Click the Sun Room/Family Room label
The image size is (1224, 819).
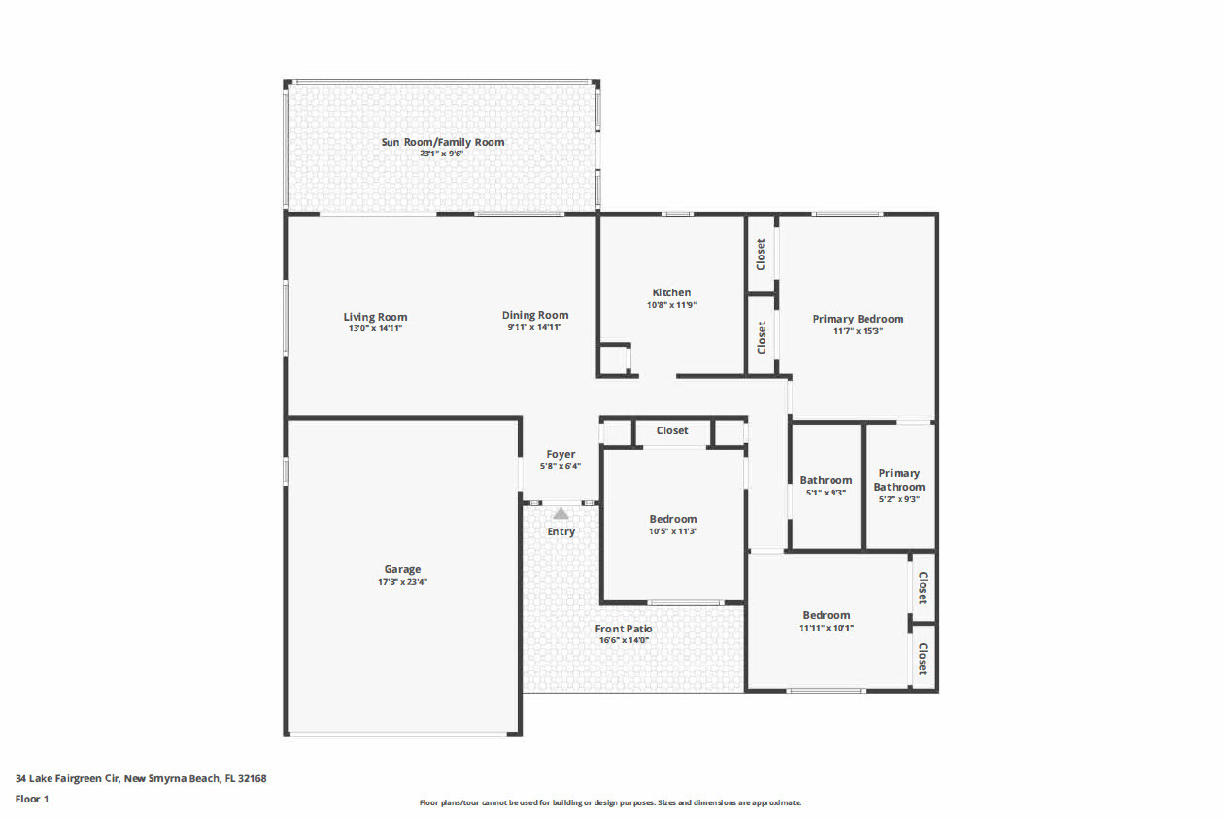point(443,142)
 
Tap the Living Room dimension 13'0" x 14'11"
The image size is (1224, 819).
point(375,329)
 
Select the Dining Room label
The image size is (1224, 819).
point(535,315)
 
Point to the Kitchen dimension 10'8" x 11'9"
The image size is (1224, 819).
point(671,305)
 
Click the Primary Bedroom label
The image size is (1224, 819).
point(858,319)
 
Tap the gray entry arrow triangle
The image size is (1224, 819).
point(561,514)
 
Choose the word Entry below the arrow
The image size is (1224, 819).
point(561,531)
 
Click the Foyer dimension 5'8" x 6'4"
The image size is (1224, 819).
point(561,466)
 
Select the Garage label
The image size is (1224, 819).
point(402,569)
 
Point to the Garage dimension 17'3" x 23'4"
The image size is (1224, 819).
point(403,582)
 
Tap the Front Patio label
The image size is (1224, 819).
point(624,629)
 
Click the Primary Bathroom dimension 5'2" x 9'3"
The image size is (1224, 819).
point(900,499)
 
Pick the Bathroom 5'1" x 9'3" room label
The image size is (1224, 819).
point(826,480)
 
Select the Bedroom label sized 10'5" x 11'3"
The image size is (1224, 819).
point(673,519)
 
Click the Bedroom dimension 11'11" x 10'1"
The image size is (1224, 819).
point(827,628)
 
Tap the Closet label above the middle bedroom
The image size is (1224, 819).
point(672,430)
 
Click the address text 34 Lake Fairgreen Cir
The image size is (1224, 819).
point(67,778)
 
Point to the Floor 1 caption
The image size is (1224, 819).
point(32,799)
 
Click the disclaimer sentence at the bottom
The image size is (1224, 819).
point(610,802)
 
